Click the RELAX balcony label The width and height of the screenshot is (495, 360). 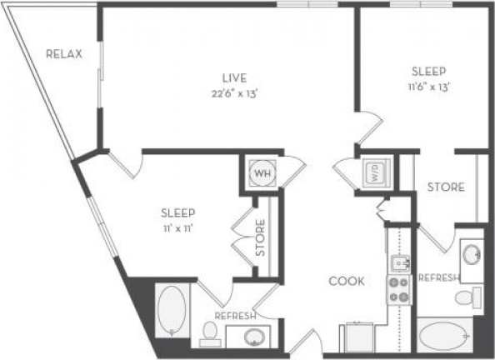[x=64, y=55]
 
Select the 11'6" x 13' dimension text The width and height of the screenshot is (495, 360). [x=430, y=86]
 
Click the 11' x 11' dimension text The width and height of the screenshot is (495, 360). [x=177, y=227]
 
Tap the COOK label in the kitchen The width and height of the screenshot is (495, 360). [x=346, y=281]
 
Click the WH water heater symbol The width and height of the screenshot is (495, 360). [x=262, y=174]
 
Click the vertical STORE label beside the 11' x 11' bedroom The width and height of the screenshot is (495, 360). [x=261, y=236]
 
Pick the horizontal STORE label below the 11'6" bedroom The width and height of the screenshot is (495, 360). [x=446, y=187]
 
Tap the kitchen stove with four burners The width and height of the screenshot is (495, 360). [x=398, y=289]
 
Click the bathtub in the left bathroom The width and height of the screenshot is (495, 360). [x=172, y=311]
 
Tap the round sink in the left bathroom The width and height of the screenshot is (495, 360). [x=253, y=337]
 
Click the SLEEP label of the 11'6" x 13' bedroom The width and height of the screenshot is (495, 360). [x=430, y=71]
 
